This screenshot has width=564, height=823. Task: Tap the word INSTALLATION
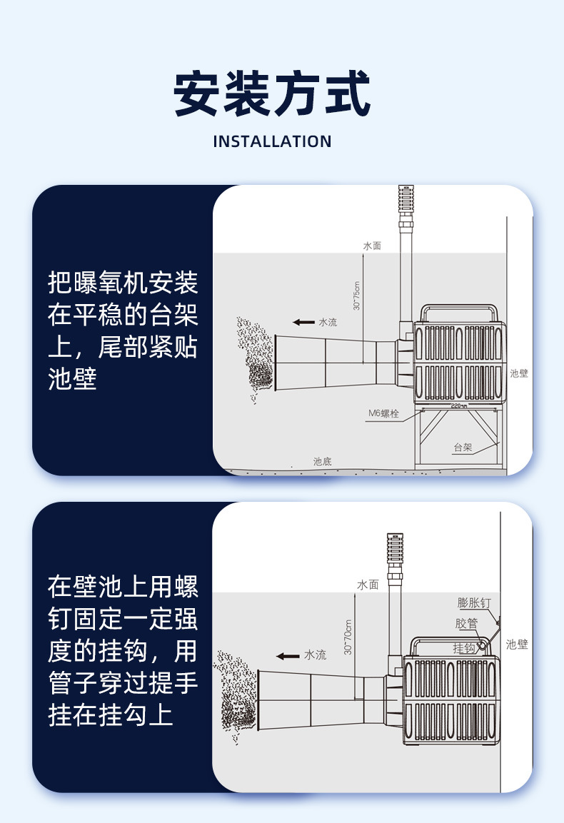pyautogui.click(x=272, y=141)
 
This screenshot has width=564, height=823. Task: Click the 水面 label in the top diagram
pyautogui.click(x=372, y=246)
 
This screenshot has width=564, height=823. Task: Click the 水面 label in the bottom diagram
pyautogui.click(x=368, y=585)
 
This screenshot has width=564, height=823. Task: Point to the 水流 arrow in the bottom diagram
pyautogui.click(x=288, y=655)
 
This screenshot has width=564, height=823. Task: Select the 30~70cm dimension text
pyautogui.click(x=348, y=637)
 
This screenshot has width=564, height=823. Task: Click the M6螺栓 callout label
pyautogui.click(x=383, y=413)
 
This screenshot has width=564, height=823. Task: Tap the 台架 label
pyautogui.click(x=463, y=448)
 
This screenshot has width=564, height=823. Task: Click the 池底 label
pyautogui.click(x=322, y=462)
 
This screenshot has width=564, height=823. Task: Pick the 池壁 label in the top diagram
pyautogui.click(x=519, y=373)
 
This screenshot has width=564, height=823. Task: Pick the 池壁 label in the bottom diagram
pyautogui.click(x=517, y=645)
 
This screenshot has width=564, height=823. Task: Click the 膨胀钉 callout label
pyautogui.click(x=474, y=603)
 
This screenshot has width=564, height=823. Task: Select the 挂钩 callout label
pyautogui.click(x=464, y=648)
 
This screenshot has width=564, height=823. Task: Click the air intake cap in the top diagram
pyautogui.click(x=406, y=198)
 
